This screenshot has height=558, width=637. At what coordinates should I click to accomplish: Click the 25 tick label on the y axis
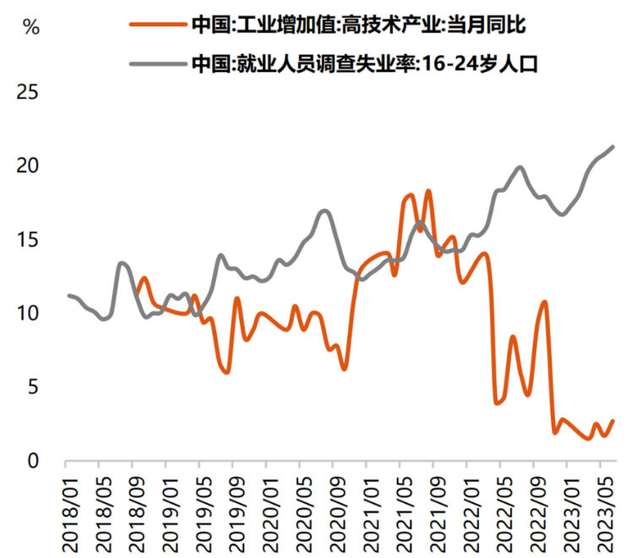tap(27, 91)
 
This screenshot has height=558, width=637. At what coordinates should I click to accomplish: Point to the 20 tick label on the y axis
tap(27, 165)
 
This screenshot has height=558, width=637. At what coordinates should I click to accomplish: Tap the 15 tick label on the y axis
tap(27, 239)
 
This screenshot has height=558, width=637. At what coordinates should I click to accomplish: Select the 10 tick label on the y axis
tap(27, 313)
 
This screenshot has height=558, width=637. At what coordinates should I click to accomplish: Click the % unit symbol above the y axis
tap(30, 26)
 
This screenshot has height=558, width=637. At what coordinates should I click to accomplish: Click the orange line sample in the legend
tap(157, 25)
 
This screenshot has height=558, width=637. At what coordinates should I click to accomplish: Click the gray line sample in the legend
tap(157, 63)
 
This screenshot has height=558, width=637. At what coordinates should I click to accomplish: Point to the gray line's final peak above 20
tap(612, 147)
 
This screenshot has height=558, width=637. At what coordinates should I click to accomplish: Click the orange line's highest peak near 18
tap(428, 191)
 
